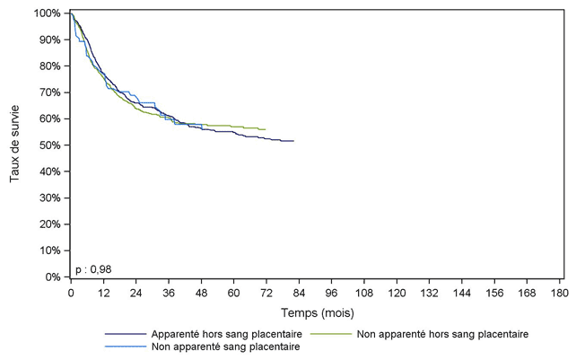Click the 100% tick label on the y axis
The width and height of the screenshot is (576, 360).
tap(48, 13)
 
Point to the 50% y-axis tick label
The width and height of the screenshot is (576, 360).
tap(51, 145)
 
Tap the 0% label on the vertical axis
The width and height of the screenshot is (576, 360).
tap(54, 277)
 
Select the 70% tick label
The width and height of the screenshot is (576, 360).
tap(51, 92)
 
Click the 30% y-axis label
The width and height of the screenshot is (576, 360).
tap(51, 198)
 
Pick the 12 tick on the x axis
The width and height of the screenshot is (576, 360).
tap(103, 294)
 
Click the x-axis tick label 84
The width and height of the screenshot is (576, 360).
tap(299, 294)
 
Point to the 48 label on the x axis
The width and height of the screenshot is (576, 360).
tap(201, 294)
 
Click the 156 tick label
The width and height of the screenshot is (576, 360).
tap(494, 294)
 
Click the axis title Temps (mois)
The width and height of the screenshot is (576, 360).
tap(317, 313)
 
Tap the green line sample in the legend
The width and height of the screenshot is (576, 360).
tap(330, 334)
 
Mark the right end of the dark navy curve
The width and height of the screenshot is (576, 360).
tap(293, 141)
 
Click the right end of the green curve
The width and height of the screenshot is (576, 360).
tap(266, 129)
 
